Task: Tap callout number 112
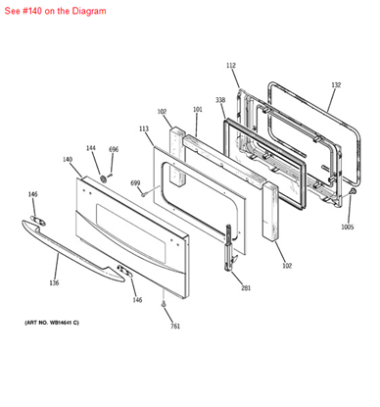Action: coord(231,65)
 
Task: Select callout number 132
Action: coord(336,85)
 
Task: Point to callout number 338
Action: coord(220,100)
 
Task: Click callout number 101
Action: coord(197,110)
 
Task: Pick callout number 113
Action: coord(144,128)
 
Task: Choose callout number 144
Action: coord(91,148)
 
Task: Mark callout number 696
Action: coord(114,149)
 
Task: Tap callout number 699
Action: coord(135,182)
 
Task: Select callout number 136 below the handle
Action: coord(54,283)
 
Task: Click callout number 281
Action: coord(246,288)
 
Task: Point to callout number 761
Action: coord(175,326)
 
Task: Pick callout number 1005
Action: coord(347,227)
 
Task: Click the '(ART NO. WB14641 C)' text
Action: coord(52,322)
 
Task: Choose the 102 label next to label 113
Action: coord(162,111)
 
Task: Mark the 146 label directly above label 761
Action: coord(138,299)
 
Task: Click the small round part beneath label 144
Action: coord(102,178)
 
